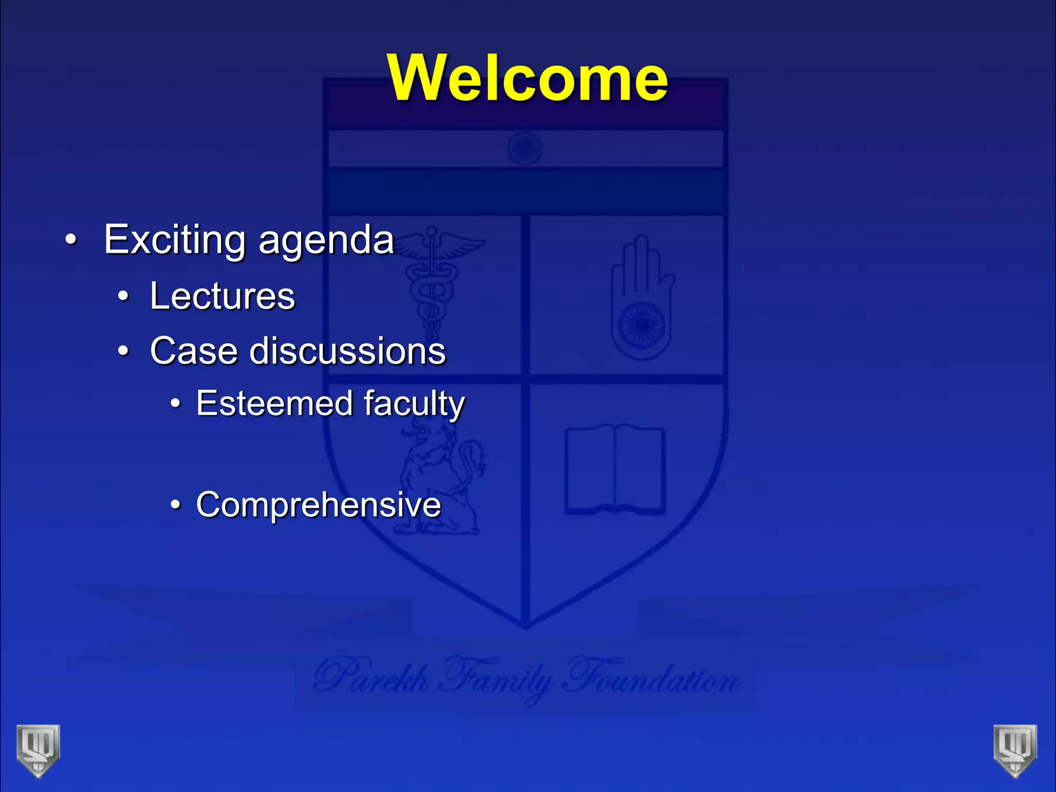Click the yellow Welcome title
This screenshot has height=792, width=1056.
click(528, 78)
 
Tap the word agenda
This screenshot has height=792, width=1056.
click(326, 241)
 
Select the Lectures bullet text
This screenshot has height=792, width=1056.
click(222, 296)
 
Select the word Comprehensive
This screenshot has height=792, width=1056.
click(318, 504)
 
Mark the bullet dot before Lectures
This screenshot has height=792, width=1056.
click(123, 297)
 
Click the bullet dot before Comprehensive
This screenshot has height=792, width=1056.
click(176, 505)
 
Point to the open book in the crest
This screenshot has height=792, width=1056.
click(615, 469)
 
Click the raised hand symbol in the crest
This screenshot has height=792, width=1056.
click(642, 299)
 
